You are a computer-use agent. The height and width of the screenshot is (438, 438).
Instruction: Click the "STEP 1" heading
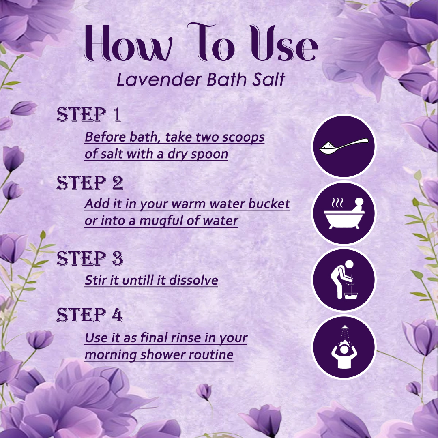[89, 115]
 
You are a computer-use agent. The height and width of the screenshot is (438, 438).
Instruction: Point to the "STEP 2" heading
[90, 183]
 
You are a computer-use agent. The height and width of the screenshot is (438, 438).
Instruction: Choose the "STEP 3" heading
[90, 259]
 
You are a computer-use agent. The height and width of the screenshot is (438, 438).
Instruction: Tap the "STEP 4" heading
[90, 315]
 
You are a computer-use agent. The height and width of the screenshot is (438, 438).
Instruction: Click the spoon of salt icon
[344, 146]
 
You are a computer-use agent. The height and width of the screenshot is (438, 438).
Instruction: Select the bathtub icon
[344, 213]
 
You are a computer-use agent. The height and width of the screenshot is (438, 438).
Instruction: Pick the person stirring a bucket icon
[344, 280]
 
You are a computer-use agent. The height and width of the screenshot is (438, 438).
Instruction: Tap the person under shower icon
[344, 347]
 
